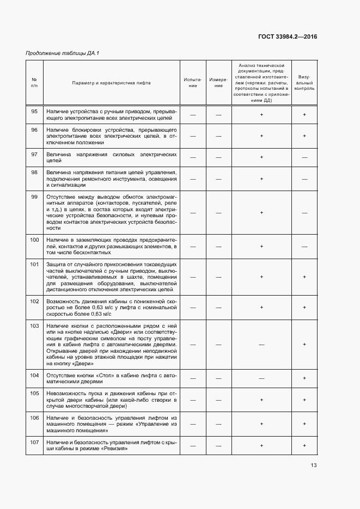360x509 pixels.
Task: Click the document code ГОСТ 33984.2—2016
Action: click(x=287, y=37)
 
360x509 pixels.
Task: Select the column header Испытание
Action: click(x=193, y=83)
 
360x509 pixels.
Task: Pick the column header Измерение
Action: click(x=218, y=83)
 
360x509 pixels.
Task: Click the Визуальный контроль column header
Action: click(x=304, y=83)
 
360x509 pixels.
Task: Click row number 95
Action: click(x=34, y=111)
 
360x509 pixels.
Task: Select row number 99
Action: click(x=34, y=196)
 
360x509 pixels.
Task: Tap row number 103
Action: click(x=34, y=326)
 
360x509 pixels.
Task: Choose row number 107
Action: click(x=34, y=441)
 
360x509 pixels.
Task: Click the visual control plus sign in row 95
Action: click(x=304, y=114)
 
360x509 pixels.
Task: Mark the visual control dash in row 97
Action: click(x=304, y=157)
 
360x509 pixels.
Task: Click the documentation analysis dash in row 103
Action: click(x=261, y=345)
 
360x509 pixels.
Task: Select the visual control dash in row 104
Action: click(x=304, y=378)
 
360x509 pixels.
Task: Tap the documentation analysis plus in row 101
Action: click(x=261, y=277)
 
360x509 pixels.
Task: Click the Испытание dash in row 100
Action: click(x=193, y=246)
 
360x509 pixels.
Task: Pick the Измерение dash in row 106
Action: click(x=218, y=421)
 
